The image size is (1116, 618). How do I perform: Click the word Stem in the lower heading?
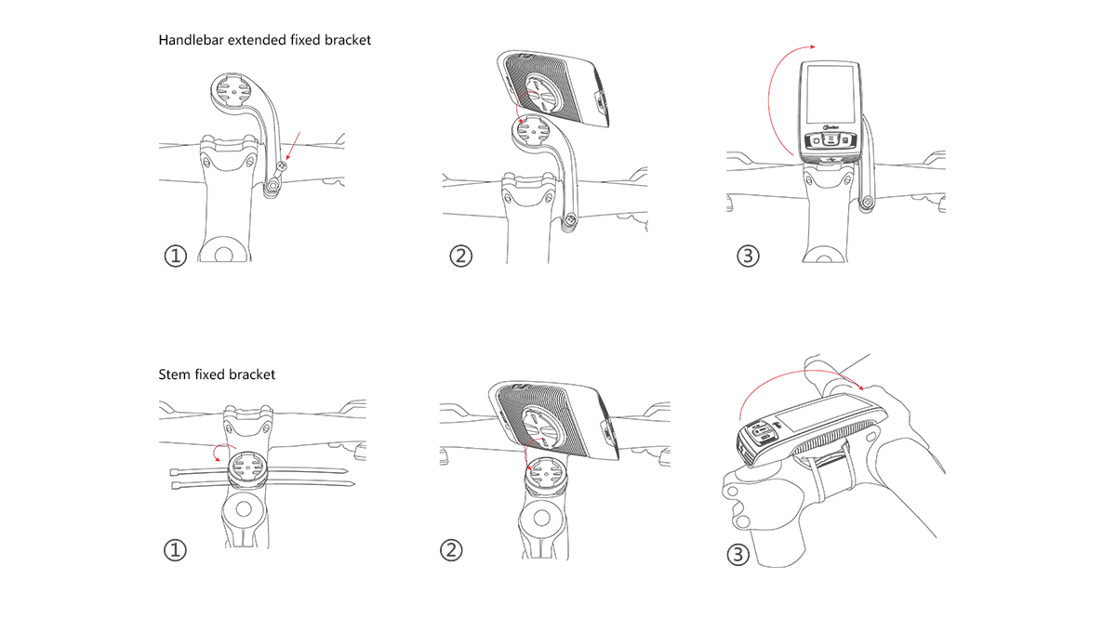(x=174, y=375)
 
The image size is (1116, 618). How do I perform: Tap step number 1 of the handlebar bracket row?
(x=176, y=256)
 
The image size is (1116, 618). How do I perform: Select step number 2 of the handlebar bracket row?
(x=460, y=256)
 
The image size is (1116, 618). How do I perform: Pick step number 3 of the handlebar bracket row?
(x=748, y=256)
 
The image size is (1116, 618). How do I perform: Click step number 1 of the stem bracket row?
(x=176, y=550)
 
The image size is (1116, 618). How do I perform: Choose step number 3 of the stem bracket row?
(x=737, y=556)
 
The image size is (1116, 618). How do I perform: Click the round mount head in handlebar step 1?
(x=229, y=93)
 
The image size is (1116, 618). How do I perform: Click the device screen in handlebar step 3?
(x=830, y=98)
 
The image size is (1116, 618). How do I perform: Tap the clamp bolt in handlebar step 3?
(x=866, y=204)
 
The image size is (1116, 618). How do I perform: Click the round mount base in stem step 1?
(x=245, y=466)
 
